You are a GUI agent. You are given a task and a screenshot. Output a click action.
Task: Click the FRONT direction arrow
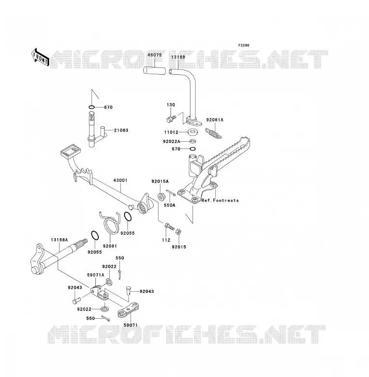pyautogui.click(x=40, y=57)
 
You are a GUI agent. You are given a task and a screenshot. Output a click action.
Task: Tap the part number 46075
pyautogui.click(x=155, y=55)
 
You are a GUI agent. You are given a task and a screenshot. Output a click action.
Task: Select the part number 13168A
pyautogui.click(x=59, y=240)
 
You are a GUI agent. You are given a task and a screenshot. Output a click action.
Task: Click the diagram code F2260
pyautogui.click(x=244, y=45)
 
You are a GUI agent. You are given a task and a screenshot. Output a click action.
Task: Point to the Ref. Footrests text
pyautogui.click(x=220, y=200)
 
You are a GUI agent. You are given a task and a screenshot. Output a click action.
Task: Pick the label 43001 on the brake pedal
pyautogui.click(x=120, y=180)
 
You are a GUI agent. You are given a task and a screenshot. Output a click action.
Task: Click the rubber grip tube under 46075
pyautogui.click(x=155, y=71)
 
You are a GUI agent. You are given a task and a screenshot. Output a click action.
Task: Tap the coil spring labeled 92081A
pyautogui.click(x=213, y=133)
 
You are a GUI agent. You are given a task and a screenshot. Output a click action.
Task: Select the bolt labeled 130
pyautogui.click(x=171, y=118)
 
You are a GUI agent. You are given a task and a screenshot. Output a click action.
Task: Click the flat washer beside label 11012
pyautogui.click(x=192, y=132)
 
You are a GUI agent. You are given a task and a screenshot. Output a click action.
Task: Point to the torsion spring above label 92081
pyautogui.click(x=110, y=222)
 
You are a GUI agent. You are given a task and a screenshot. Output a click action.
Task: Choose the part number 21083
pyautogui.click(x=121, y=130)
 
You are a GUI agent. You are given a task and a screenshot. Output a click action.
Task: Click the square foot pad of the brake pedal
pyautogui.click(x=70, y=151)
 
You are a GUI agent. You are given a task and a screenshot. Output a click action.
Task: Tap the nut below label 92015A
pyautogui.click(x=161, y=196)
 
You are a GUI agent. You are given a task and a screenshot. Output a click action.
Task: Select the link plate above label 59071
pyautogui.click(x=128, y=310)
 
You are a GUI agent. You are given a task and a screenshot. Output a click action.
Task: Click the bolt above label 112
pyautogui.click(x=169, y=226)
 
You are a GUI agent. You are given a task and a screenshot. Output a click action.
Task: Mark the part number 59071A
pyautogui.click(x=95, y=275)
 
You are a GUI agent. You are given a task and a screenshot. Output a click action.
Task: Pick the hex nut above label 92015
pyautogui.click(x=178, y=232)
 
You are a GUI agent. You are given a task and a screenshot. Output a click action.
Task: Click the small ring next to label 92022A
pyautogui.click(x=193, y=141)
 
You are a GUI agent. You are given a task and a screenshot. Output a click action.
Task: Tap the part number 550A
pyautogui.click(x=170, y=205)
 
